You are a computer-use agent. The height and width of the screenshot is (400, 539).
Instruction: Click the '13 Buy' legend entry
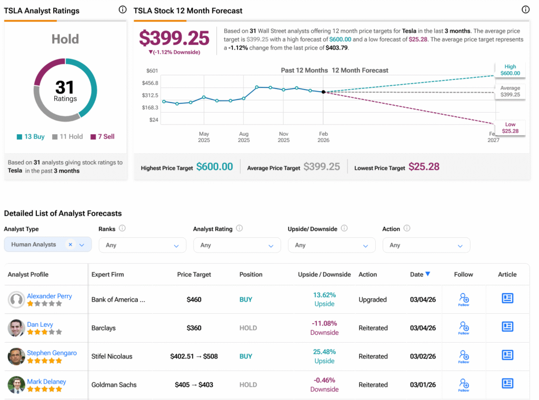(x=31, y=136)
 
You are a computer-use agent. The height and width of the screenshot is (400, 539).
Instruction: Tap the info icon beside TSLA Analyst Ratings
(x=123, y=9)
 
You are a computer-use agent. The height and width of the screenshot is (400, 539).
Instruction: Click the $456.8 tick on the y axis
(x=150, y=83)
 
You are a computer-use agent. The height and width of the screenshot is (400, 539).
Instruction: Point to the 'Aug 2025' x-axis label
(x=244, y=137)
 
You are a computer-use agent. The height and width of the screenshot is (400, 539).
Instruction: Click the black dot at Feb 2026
(x=323, y=92)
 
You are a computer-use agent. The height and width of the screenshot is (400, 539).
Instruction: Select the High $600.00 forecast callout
(x=510, y=70)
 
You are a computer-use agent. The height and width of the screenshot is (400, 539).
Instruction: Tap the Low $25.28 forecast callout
(x=510, y=128)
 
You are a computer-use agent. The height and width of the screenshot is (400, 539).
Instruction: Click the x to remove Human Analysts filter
(x=71, y=245)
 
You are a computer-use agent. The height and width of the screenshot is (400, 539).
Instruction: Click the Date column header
(x=420, y=274)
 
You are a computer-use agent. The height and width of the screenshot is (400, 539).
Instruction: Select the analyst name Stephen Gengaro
(x=52, y=353)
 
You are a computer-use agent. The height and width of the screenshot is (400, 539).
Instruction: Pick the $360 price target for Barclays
(x=194, y=328)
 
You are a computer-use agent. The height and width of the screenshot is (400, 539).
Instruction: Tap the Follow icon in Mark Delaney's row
(x=463, y=384)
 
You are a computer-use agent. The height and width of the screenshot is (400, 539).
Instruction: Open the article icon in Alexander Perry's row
(x=507, y=298)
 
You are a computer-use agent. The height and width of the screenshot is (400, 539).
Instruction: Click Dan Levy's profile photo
(x=16, y=328)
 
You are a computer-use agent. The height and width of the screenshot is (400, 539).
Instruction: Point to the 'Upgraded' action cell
(x=373, y=299)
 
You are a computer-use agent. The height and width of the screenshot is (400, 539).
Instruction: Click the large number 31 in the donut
(x=65, y=87)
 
